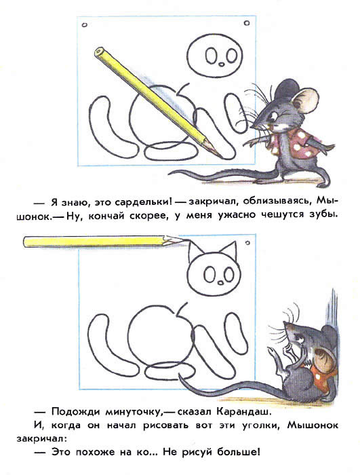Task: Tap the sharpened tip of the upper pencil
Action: click(221, 157)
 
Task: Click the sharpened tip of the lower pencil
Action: click(184, 240)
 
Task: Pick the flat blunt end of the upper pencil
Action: click(99, 52)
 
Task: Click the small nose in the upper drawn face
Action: click(222, 64)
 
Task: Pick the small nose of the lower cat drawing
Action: click(221, 282)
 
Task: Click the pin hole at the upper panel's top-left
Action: click(85, 25)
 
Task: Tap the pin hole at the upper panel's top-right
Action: click(247, 22)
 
